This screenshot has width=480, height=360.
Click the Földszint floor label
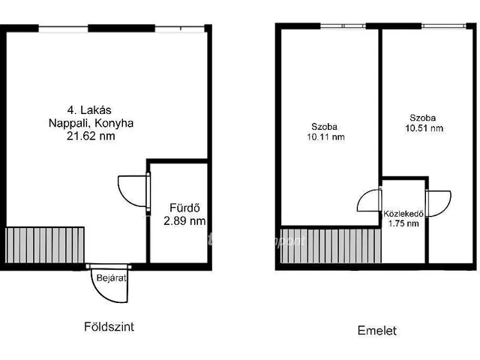click(109, 327)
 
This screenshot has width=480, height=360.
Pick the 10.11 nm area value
click(325, 137)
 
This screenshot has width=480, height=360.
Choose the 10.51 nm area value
click(425, 128)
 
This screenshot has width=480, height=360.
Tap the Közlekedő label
click(404, 213)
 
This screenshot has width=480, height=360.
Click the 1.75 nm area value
click(403, 223)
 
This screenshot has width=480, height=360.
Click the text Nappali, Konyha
click(94, 124)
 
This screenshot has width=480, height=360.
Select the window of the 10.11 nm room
click(343, 26)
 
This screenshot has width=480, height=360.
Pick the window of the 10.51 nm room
click(443, 26)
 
